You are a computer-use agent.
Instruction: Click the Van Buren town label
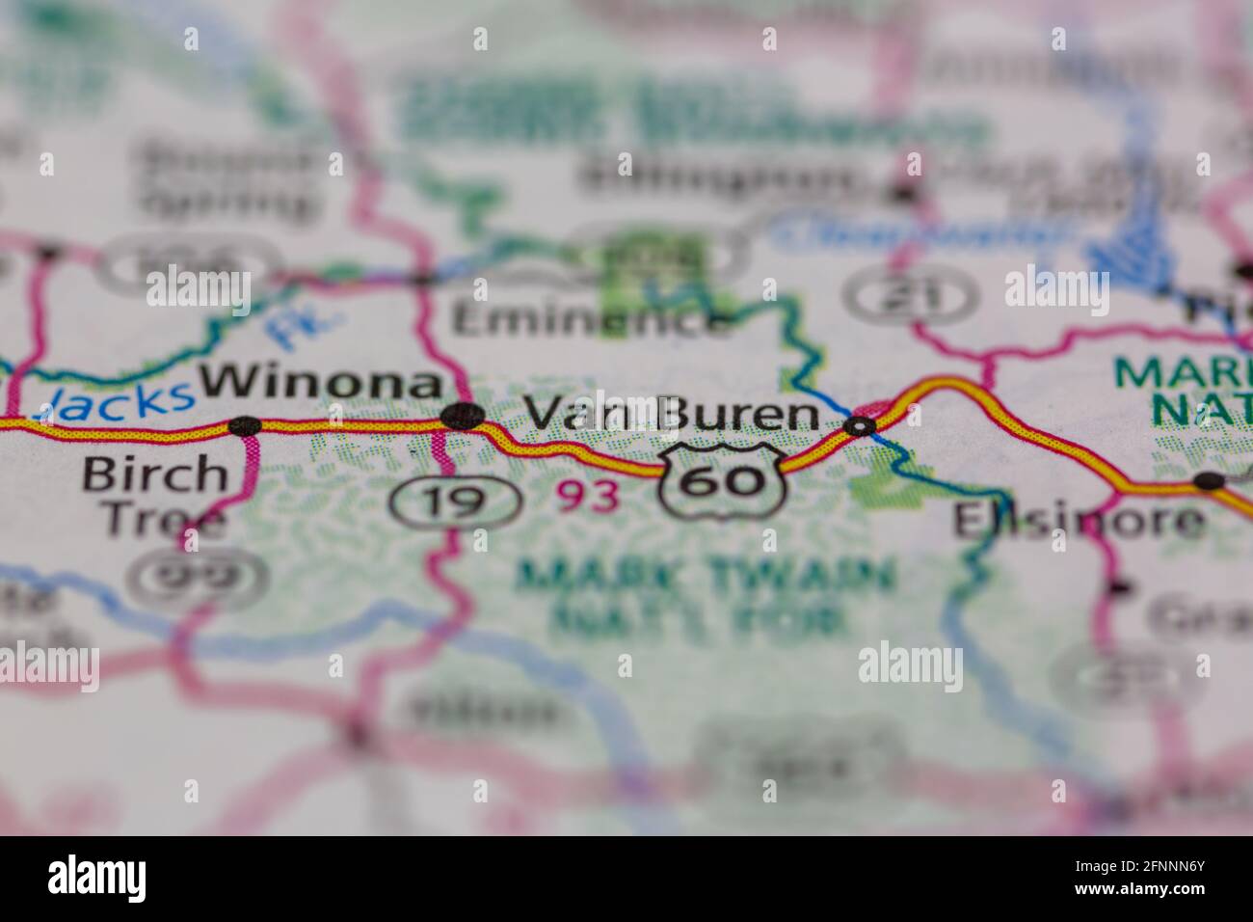(x=673, y=415)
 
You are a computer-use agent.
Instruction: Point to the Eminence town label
(x=591, y=320)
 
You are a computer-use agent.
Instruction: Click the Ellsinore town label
(x=1078, y=522)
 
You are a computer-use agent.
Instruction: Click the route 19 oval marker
(x=456, y=501)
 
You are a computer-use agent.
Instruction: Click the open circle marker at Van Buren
(x=860, y=425)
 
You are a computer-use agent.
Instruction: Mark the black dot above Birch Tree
(x=245, y=425)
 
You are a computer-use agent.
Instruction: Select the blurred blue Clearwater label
(x=921, y=231)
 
